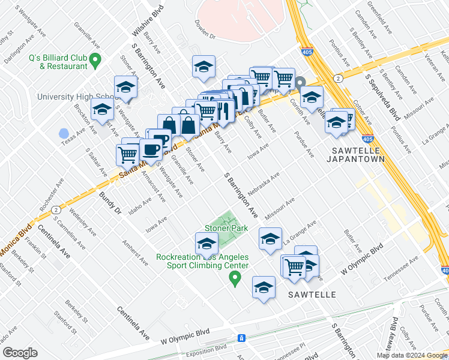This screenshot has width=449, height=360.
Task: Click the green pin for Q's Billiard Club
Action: [96, 60]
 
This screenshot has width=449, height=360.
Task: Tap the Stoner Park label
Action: [226, 228]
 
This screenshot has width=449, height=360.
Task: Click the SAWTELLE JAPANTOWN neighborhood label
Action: [353, 155]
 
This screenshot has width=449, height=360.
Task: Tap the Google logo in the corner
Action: [20, 353]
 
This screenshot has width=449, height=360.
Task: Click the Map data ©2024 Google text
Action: [412, 355]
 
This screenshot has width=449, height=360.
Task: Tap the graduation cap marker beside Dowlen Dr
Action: [204, 67]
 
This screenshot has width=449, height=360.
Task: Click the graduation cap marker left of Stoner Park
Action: [206, 244]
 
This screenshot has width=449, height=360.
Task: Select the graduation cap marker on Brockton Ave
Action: [102, 110]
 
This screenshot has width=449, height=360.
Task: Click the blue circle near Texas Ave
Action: [64, 133]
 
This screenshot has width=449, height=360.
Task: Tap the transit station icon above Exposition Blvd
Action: [241, 338]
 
